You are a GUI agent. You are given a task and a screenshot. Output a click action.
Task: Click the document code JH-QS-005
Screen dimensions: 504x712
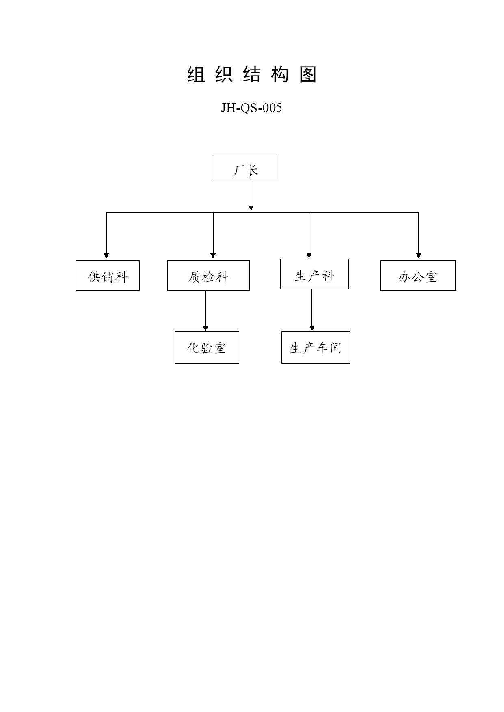point(251,108)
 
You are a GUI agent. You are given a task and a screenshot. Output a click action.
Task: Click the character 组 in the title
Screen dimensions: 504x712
point(196,75)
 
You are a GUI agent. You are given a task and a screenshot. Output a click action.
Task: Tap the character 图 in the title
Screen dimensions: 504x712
point(308,75)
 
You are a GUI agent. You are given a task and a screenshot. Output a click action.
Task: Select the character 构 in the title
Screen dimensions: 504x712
point(280,75)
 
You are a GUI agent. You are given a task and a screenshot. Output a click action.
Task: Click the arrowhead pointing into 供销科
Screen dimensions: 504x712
point(106,256)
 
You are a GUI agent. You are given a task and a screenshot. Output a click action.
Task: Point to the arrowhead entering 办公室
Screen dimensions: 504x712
point(419,256)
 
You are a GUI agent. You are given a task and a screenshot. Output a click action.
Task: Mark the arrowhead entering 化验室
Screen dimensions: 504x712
point(205,328)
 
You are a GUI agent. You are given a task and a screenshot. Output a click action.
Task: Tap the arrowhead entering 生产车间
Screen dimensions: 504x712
point(312,328)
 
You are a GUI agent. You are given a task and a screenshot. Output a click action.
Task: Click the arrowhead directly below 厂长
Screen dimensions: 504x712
point(251,208)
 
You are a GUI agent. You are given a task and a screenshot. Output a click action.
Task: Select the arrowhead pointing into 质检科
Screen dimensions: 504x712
point(213,256)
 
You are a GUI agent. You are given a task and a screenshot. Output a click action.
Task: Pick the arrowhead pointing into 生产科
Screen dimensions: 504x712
point(309,256)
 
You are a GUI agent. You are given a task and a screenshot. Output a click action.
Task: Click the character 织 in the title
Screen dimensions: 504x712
point(224,75)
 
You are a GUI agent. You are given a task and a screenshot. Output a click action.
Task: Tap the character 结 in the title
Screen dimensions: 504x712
point(252,75)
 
